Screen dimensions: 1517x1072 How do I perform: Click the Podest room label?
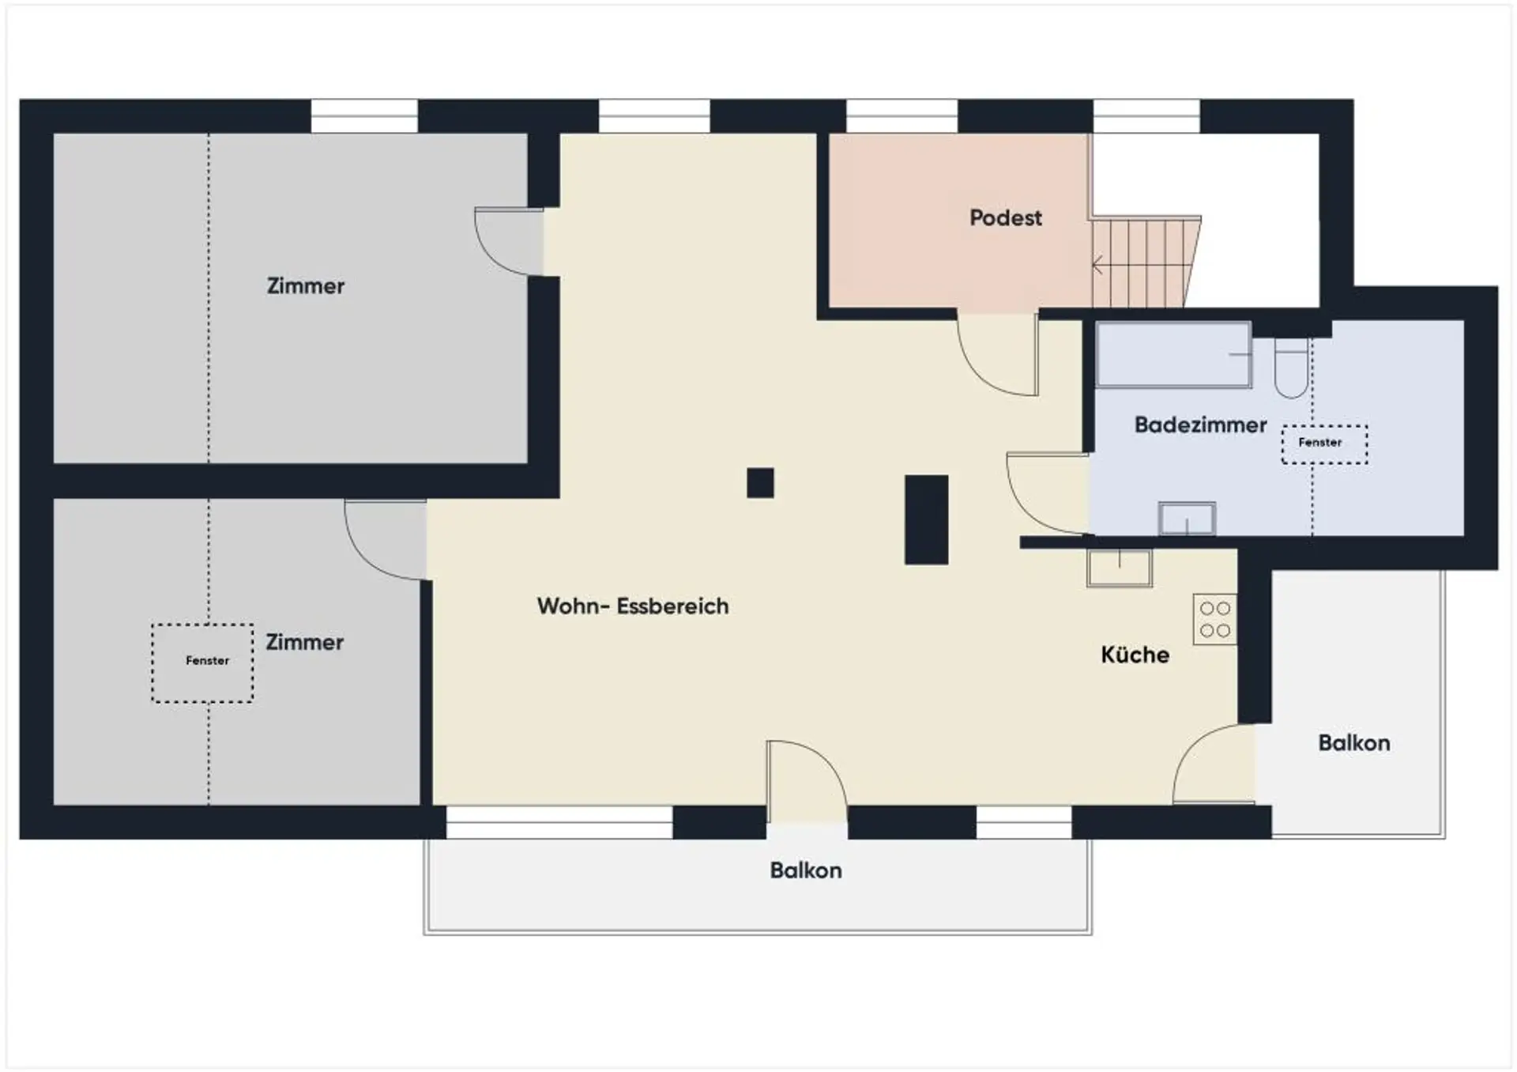click(x=1006, y=218)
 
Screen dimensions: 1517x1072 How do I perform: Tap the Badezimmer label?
click(x=1200, y=425)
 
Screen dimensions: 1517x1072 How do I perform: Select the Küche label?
click(x=1135, y=655)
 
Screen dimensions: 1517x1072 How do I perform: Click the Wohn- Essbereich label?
click(x=633, y=606)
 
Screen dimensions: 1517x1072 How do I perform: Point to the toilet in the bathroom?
click(x=1291, y=368)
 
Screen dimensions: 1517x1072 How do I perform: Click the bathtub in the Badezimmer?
click(x=1173, y=355)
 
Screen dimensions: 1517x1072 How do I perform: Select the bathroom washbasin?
click(x=1187, y=519)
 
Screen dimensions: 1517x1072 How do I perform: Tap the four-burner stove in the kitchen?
click(x=1214, y=620)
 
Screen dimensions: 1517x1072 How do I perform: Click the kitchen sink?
click(x=1120, y=568)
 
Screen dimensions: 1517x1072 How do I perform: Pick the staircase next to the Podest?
click(x=1146, y=262)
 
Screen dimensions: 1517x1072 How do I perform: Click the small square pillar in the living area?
click(x=760, y=483)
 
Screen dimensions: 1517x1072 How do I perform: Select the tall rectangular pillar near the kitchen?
click(x=926, y=519)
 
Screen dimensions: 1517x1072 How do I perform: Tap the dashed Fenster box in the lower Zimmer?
click(x=203, y=663)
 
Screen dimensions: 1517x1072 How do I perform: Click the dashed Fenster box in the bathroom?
click(x=1324, y=444)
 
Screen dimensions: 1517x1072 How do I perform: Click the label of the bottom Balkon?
click(x=806, y=870)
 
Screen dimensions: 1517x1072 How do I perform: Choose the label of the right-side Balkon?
click(x=1354, y=743)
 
